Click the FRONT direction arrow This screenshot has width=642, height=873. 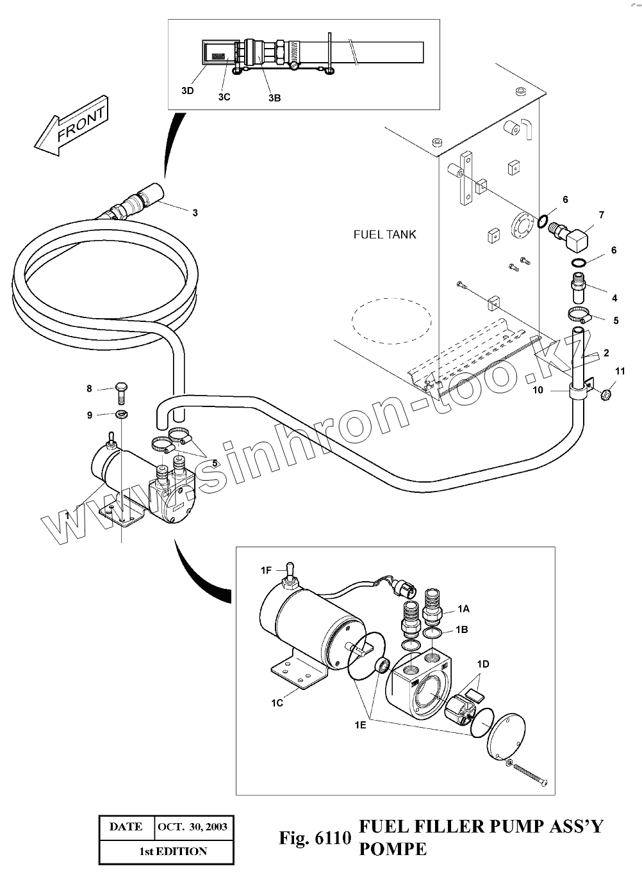click(x=70, y=127)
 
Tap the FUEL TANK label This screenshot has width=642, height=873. click(x=384, y=234)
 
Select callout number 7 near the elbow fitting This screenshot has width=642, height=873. click(x=601, y=215)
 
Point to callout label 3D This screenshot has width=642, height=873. click(x=188, y=90)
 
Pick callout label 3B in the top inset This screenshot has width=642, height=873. click(x=274, y=98)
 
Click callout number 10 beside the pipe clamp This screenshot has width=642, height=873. click(x=538, y=389)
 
